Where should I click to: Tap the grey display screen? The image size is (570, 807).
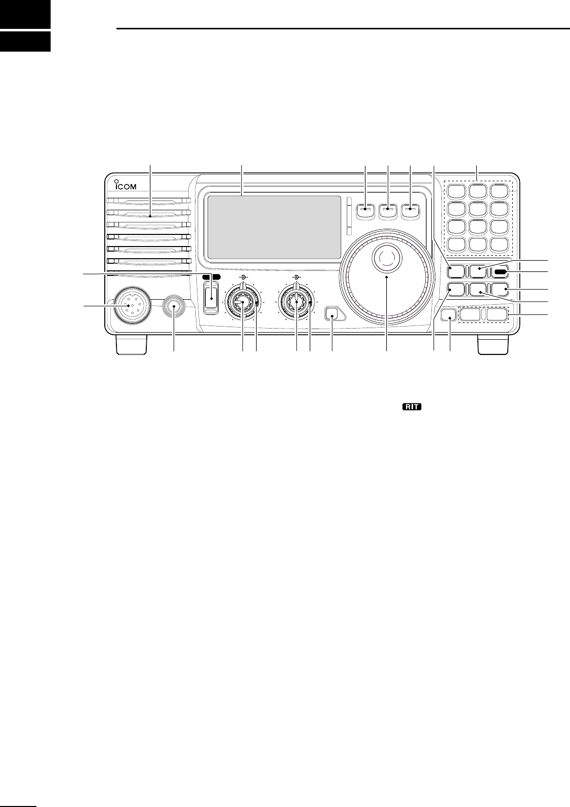click(x=274, y=227)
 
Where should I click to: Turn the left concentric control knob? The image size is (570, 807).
click(x=243, y=302)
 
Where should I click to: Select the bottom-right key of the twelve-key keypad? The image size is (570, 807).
click(x=501, y=246)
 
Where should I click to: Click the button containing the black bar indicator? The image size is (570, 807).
click(x=501, y=272)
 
